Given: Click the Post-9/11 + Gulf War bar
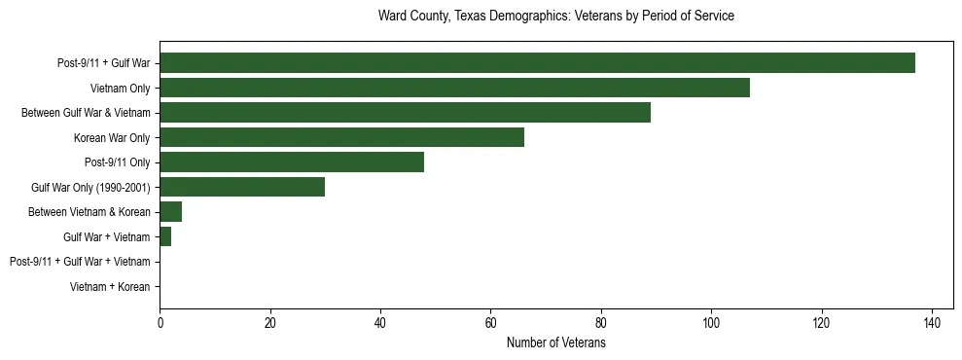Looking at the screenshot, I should tap(537, 63).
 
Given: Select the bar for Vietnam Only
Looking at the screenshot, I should tap(454, 88).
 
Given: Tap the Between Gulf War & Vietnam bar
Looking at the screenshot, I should tap(405, 113).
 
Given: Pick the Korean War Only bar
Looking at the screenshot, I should tap(341, 137).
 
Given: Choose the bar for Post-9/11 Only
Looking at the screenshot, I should tap(292, 162).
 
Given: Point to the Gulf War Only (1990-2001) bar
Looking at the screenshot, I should tap(242, 187).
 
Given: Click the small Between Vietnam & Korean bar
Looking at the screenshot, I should tap(170, 212).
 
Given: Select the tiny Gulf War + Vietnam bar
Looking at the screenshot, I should tap(165, 236).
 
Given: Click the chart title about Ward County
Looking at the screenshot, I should tap(555, 17).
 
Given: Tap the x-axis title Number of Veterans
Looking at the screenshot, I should tap(555, 343).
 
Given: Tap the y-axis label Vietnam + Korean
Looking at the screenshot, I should tap(110, 287).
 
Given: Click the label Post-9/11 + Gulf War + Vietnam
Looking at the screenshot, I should tap(80, 262).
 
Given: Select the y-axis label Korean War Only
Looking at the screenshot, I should tap(112, 138).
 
